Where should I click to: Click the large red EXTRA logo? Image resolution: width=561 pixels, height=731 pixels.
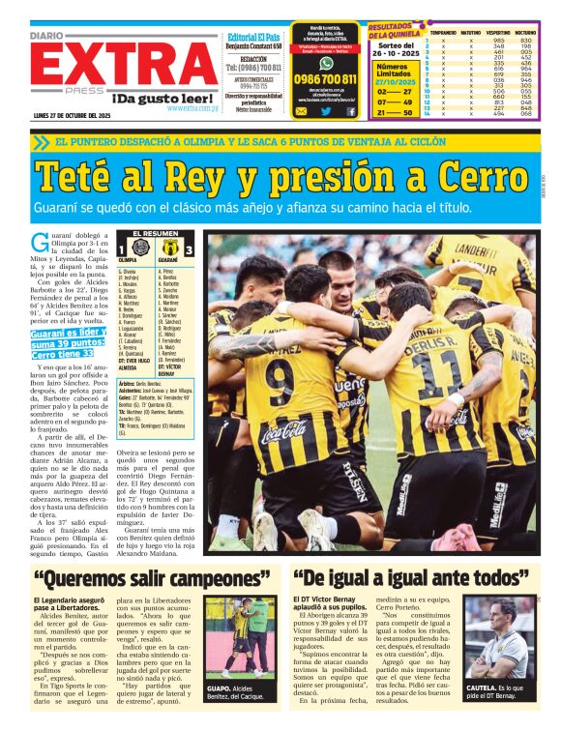click(x=122, y=64)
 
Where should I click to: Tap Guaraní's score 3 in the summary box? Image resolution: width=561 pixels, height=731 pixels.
click(x=189, y=248)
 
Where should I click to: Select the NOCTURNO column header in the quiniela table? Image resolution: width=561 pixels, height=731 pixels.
click(x=526, y=32)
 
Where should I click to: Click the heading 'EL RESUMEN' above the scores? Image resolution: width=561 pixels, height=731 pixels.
click(x=154, y=234)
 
